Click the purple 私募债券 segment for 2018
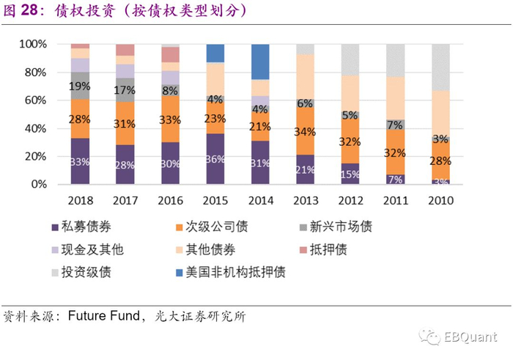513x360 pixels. click(x=80, y=161)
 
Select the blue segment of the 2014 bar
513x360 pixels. click(x=260, y=62)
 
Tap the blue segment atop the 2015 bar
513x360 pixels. click(x=215, y=53)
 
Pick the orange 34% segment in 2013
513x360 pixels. click(x=306, y=132)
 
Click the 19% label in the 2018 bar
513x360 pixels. click(x=80, y=86)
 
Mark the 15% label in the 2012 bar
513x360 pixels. click(x=350, y=175)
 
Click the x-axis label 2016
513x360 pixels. click(x=170, y=200)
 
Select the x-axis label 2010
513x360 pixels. click(x=440, y=200)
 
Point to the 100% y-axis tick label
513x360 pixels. click(x=30, y=45)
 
